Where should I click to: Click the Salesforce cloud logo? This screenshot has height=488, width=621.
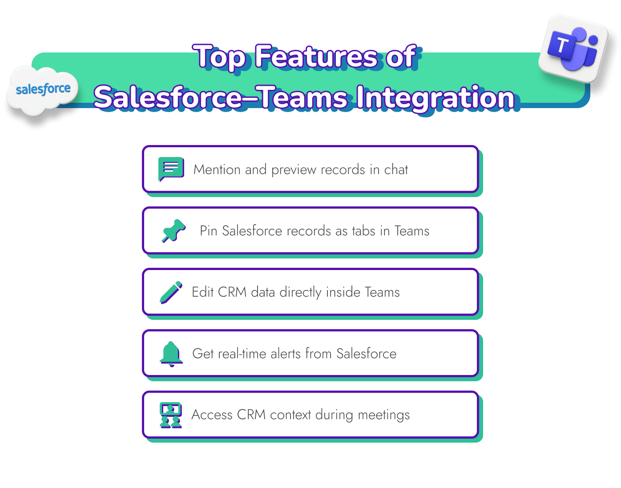pos(43,90)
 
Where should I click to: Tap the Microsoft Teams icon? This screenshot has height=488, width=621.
pos(573,48)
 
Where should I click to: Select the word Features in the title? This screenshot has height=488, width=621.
pos(316,57)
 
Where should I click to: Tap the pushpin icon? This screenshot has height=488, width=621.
pos(173,230)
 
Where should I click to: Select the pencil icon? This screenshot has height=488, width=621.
pos(171,292)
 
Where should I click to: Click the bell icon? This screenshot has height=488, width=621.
pos(171,354)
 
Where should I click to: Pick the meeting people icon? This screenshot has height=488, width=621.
pos(171,415)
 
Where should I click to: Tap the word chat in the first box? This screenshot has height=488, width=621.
pos(396,169)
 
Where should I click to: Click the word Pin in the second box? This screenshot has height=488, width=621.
pos(208,231)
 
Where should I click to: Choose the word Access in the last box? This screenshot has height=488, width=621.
pos(212,415)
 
